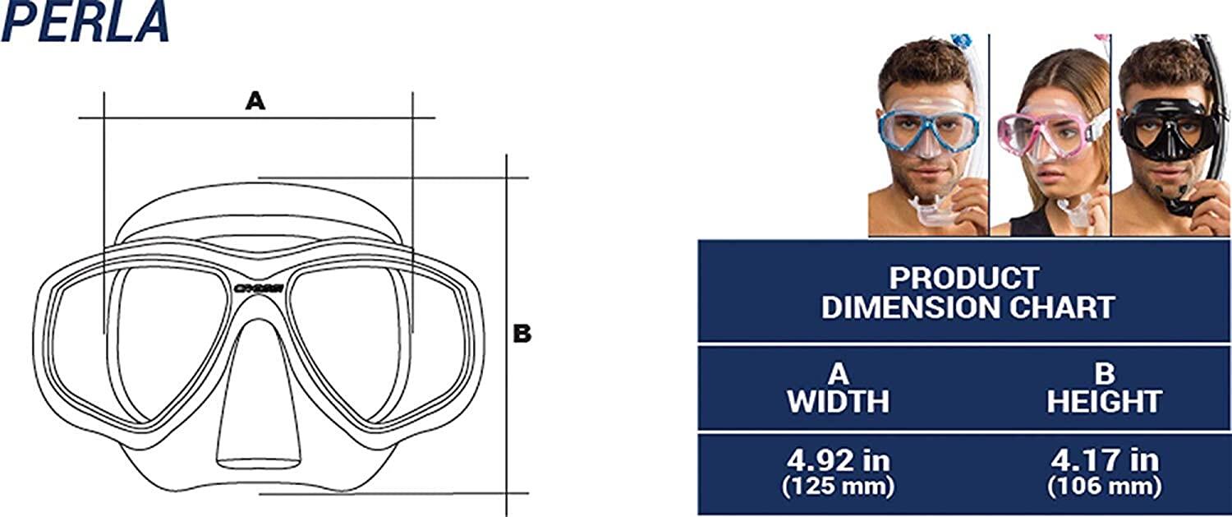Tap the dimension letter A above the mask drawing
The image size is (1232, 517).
coord(255,101)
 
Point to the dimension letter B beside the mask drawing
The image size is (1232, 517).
coord(522,334)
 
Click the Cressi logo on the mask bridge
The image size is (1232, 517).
coord(259,288)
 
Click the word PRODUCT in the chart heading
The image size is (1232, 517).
coord(964,278)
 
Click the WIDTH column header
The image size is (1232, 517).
coord(838,401)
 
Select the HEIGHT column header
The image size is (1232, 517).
coord(1104,401)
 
